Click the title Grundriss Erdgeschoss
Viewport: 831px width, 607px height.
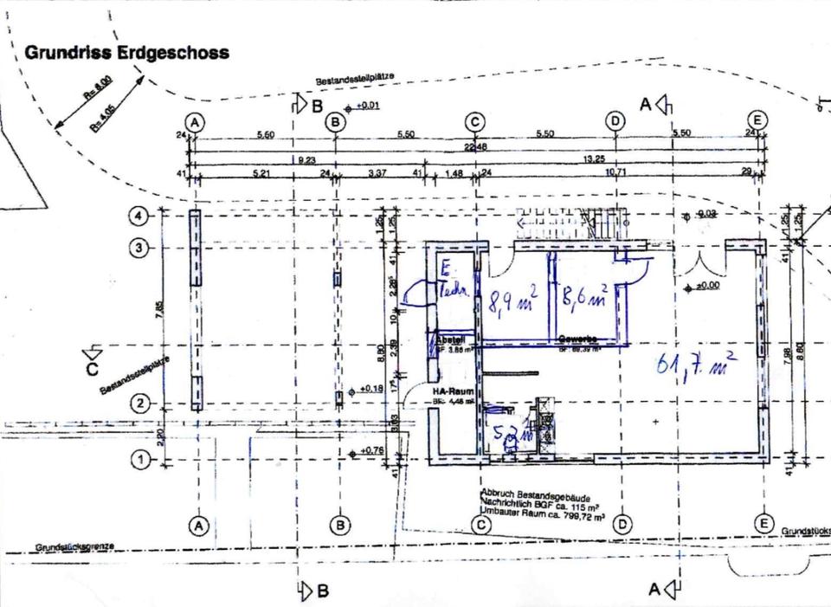(x=126, y=53)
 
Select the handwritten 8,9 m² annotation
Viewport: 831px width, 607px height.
(x=513, y=303)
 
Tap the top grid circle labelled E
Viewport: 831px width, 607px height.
(x=757, y=120)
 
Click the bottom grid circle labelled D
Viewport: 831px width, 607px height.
(x=622, y=524)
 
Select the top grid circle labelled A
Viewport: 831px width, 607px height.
(x=196, y=122)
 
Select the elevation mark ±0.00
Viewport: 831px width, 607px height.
(x=710, y=287)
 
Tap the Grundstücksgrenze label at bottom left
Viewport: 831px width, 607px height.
(x=74, y=548)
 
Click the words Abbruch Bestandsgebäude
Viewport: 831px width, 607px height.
(x=535, y=488)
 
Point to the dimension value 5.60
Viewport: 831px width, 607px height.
(x=265, y=135)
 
